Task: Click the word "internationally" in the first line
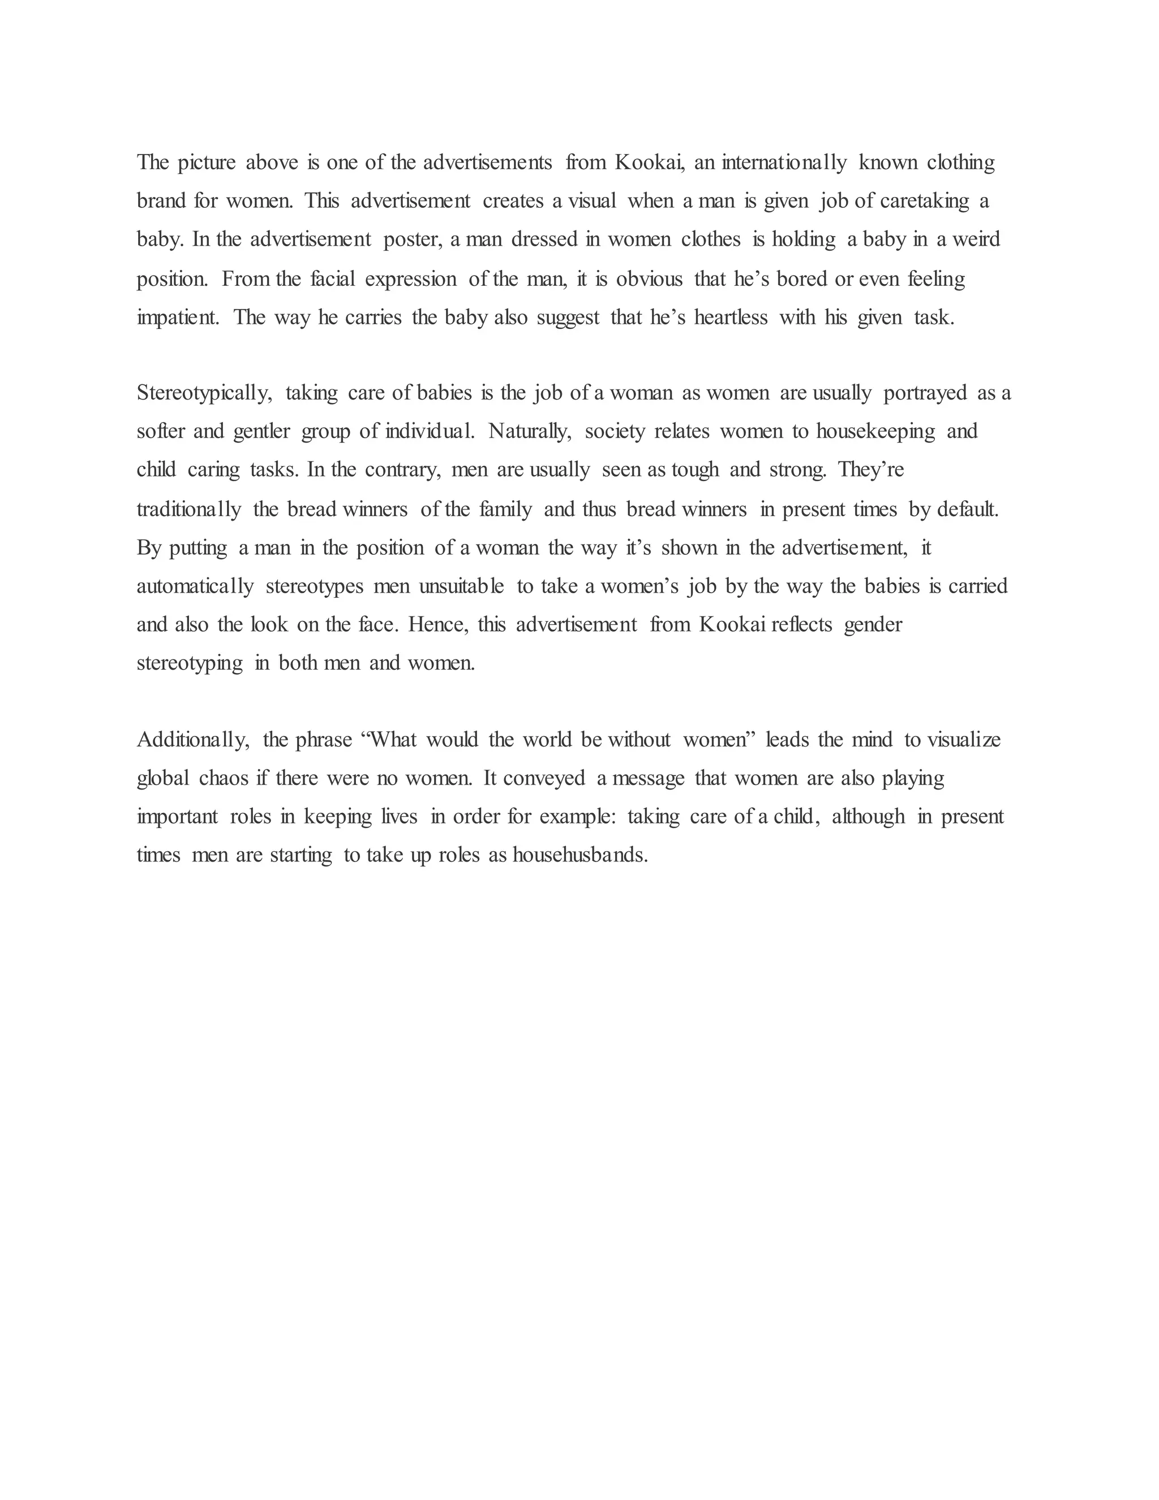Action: click(784, 163)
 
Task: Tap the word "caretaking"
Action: click(924, 202)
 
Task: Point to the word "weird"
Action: click(976, 239)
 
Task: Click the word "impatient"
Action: click(177, 318)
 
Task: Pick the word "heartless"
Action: click(731, 318)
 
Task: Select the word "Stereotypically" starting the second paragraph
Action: click(205, 393)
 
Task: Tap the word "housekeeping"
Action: click(875, 432)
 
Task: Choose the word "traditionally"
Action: click(189, 509)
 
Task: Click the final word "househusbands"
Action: click(580, 856)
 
